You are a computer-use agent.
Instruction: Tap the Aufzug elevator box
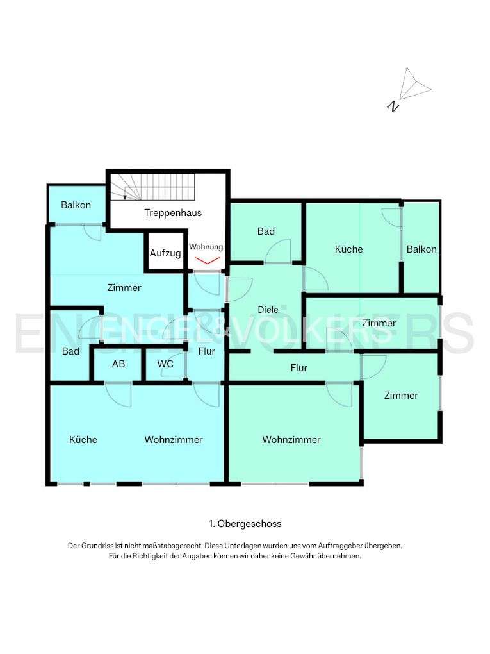(165, 253)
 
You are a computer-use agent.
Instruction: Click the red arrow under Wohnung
(207, 260)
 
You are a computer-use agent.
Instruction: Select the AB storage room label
(118, 364)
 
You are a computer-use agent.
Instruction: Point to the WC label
(165, 364)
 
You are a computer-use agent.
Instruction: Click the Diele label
(268, 310)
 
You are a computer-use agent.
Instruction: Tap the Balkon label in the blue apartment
(76, 205)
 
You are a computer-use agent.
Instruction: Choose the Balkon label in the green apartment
(421, 249)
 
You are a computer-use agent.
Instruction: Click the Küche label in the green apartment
(348, 249)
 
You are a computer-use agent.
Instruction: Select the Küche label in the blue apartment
(83, 439)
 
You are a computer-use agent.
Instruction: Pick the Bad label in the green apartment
(266, 231)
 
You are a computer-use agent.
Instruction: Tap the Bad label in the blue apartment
(70, 351)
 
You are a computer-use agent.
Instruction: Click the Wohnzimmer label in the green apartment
(291, 439)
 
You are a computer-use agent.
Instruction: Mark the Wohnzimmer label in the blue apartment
(173, 439)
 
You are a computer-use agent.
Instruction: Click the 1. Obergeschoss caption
(245, 524)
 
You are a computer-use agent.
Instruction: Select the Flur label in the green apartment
(298, 368)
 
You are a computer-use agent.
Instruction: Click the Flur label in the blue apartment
(206, 351)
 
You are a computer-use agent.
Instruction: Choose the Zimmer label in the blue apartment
(124, 288)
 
